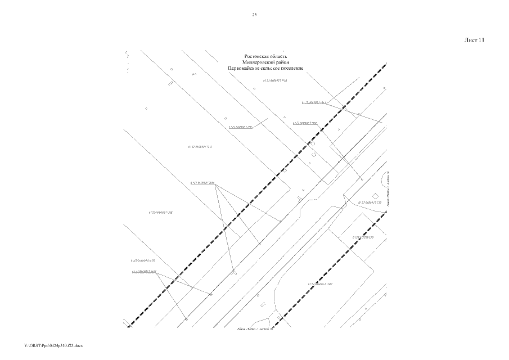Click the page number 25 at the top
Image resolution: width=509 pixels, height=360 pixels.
[x=254, y=15]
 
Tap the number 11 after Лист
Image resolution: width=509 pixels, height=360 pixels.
[x=481, y=40]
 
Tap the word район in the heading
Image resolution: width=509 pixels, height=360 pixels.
[x=284, y=62]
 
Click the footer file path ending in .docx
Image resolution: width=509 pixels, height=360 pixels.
[x=54, y=344]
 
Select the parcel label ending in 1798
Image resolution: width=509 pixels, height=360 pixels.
[x=276, y=80]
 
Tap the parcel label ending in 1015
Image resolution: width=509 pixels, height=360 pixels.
[x=203, y=146]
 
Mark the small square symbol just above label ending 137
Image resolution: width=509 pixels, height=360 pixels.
[x=375, y=195]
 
